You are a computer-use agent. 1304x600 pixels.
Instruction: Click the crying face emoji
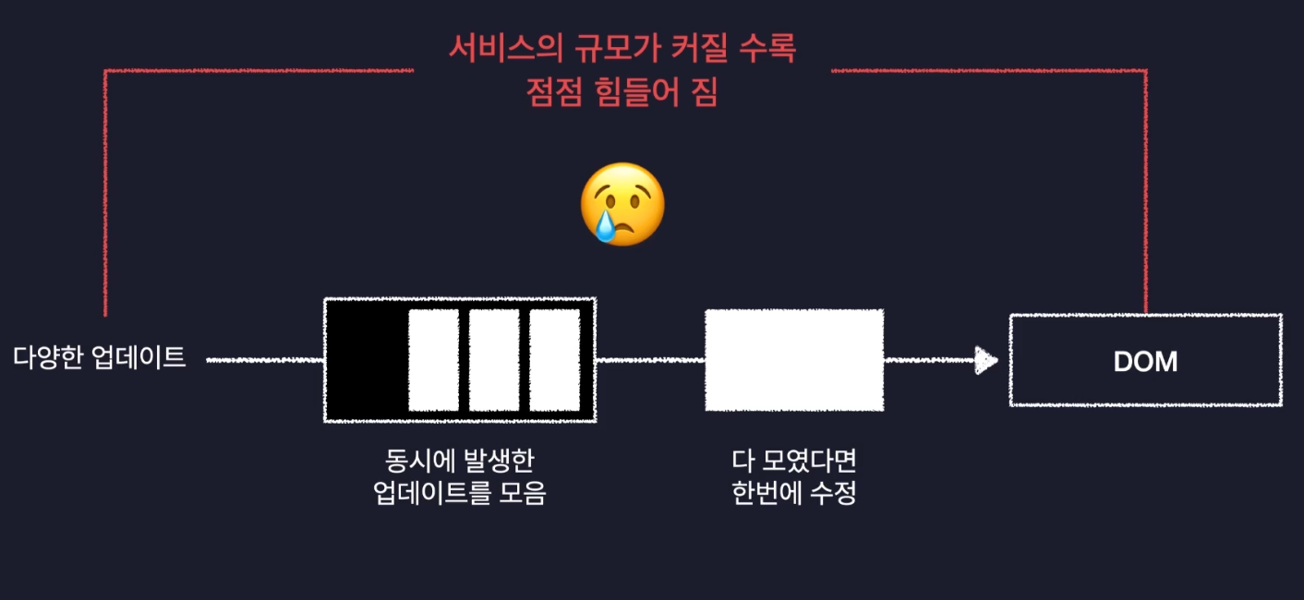[622, 204]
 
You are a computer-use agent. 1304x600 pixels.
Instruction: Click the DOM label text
[1145, 361]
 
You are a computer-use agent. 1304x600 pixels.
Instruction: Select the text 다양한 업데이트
[100, 358]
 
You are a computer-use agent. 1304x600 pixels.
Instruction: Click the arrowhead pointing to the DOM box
[987, 360]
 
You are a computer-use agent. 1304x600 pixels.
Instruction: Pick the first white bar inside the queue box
[433, 360]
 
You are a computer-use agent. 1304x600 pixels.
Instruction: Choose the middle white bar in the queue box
[494, 360]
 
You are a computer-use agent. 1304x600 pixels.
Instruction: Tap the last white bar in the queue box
[554, 360]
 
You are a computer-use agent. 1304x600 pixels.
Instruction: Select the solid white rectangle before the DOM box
[794, 360]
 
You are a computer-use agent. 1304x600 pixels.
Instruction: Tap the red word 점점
[550, 92]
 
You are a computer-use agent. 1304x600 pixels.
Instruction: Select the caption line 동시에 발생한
[459, 461]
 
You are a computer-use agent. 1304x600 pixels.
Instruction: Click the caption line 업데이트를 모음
[459, 494]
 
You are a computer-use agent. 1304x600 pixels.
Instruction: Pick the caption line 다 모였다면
[794, 461]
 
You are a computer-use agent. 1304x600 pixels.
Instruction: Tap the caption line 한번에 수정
[794, 494]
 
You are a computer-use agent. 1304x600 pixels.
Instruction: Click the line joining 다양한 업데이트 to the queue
[264, 360]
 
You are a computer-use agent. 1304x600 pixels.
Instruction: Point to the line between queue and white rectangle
[650, 360]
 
